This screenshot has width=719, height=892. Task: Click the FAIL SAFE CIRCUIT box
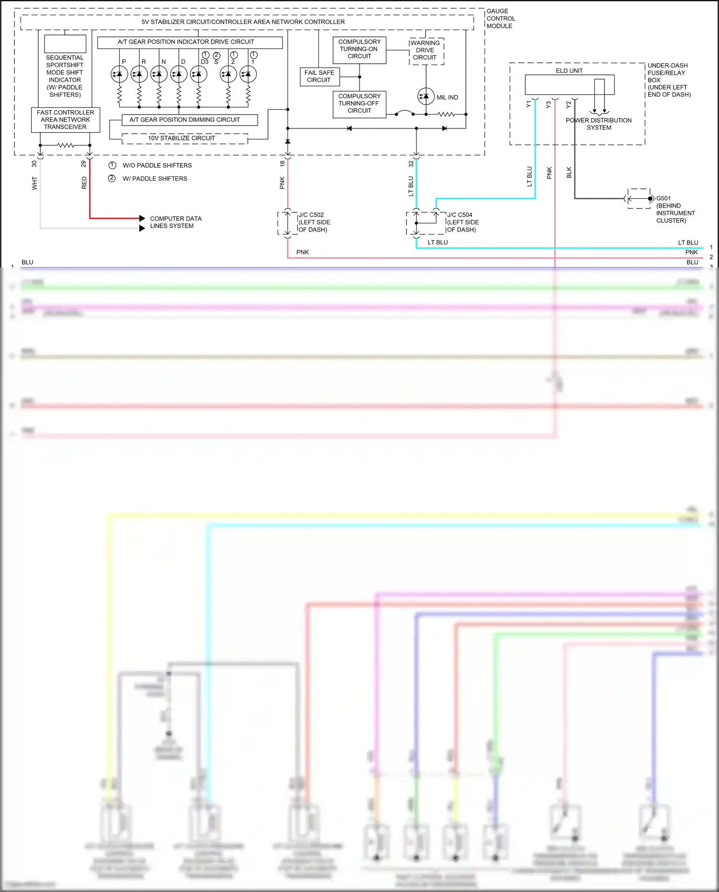tap(319, 76)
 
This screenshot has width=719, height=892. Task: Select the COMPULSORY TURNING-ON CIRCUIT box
tap(359, 49)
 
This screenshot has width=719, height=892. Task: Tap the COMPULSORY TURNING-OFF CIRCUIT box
tap(359, 104)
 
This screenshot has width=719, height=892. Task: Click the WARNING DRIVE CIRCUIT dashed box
tap(426, 50)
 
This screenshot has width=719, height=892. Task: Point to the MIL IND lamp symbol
tap(426, 97)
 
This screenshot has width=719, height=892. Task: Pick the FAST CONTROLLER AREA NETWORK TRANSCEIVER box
tap(66, 120)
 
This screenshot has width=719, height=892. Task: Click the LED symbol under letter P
tap(119, 74)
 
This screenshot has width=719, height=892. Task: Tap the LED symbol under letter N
tap(159, 74)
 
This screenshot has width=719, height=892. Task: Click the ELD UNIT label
tap(569, 71)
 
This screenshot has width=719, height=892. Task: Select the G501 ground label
tap(663, 198)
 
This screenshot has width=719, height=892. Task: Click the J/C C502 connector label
tap(311, 215)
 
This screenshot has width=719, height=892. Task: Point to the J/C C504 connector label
tap(459, 215)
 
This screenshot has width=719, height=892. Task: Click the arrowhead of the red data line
tap(142, 219)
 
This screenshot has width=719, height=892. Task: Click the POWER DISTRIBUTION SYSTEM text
tap(598, 124)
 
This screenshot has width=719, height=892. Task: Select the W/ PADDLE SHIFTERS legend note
tap(154, 179)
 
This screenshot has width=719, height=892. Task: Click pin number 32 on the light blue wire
tap(411, 164)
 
